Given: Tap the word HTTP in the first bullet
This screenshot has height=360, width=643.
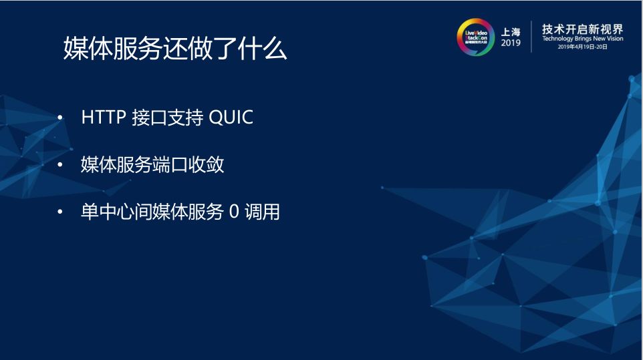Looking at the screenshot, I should tap(104, 118).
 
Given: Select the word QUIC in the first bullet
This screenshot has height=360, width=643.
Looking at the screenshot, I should tap(231, 118).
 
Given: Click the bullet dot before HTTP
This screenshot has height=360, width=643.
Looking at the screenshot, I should tap(61, 118).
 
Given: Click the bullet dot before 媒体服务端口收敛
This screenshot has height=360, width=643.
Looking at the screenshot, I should tap(61, 165).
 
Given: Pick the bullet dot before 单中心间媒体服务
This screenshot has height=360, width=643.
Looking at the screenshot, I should tap(61, 213).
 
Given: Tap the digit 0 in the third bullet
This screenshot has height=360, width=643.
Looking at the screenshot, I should tap(233, 213).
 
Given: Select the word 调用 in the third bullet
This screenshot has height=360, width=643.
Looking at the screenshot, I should tap(262, 213).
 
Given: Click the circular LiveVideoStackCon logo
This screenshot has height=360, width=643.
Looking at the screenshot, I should tap(476, 37).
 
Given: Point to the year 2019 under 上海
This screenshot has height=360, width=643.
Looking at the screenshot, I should tap(511, 43).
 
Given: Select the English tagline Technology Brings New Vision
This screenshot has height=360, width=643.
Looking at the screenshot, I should tap(582, 39).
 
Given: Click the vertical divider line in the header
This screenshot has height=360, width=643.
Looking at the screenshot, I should tap(531, 37).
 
